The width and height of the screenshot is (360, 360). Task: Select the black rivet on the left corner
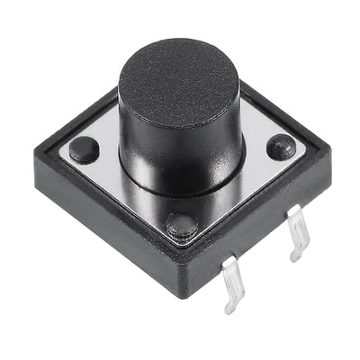[84, 149]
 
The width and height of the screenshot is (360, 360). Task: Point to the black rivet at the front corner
[183, 225]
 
